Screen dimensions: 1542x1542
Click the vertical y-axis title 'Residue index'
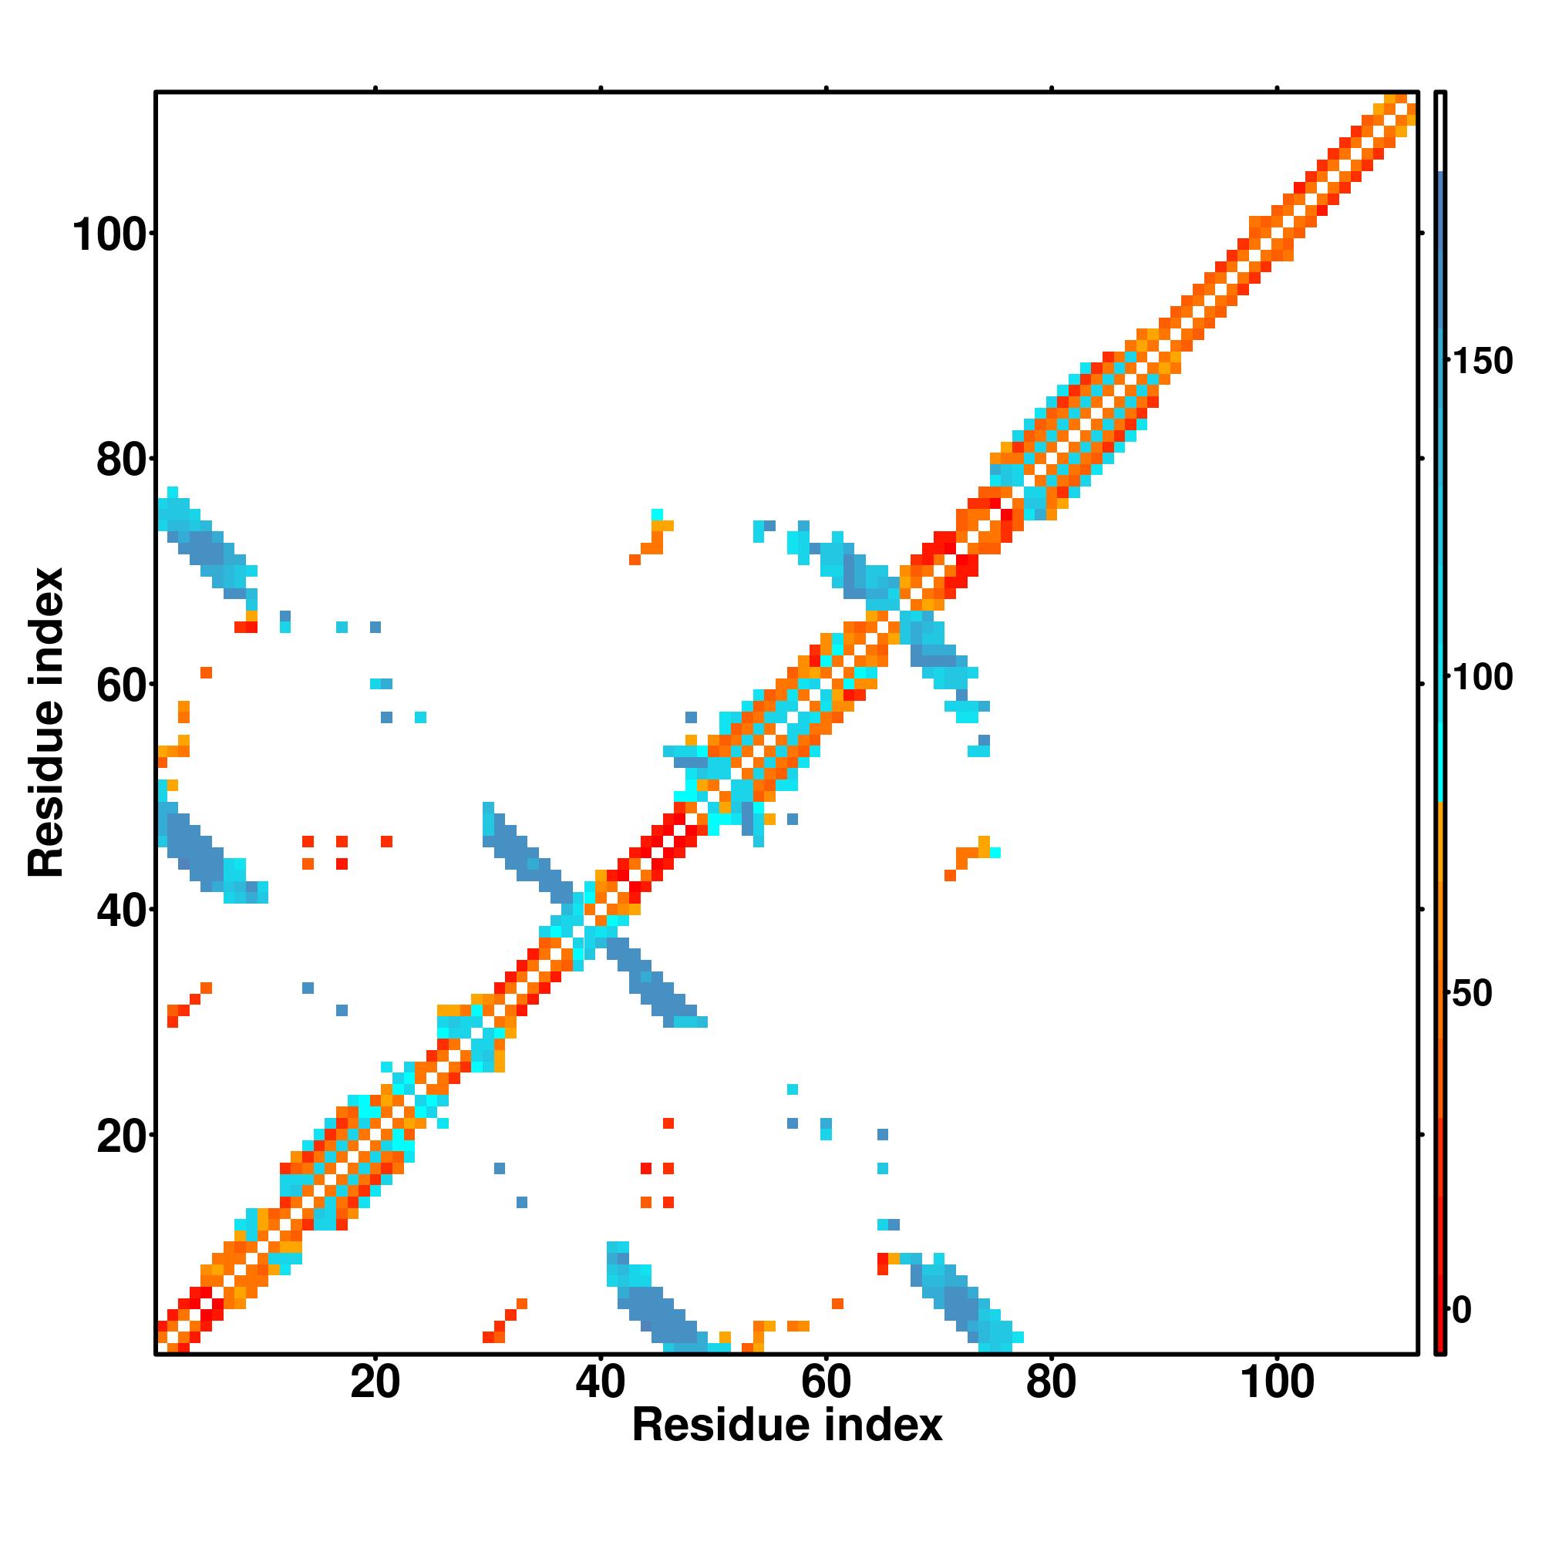click(46, 722)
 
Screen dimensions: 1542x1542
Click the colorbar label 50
click(1473, 994)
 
